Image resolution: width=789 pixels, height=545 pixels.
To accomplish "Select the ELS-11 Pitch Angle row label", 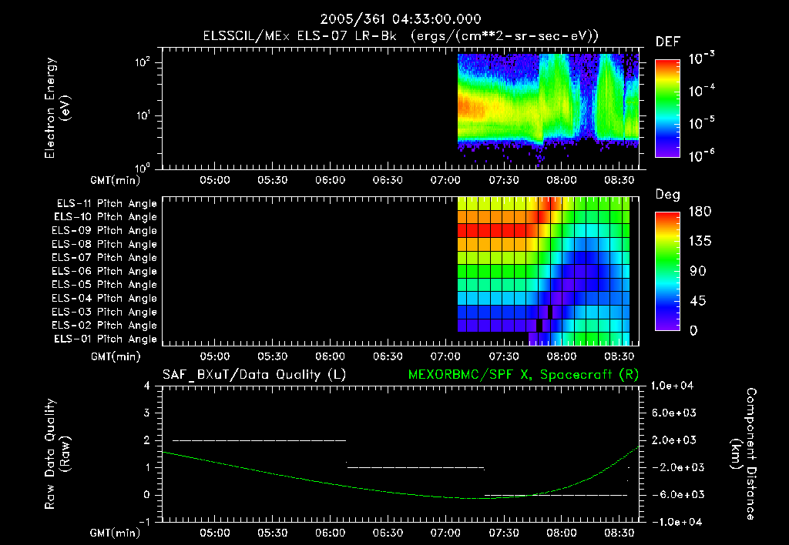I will pos(106,203).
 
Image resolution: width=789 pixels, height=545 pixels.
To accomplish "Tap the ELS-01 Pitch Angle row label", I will pos(106,339).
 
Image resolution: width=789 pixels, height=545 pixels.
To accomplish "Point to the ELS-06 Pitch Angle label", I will pos(106,271).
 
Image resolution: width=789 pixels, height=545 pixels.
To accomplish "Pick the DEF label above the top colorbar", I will pos(667,42).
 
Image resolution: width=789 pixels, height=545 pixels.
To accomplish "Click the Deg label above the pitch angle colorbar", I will pos(667,195).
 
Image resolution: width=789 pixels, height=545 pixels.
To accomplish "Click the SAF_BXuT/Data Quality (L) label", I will pos(253,375).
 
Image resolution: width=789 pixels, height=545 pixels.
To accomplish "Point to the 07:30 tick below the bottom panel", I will pos(503,532).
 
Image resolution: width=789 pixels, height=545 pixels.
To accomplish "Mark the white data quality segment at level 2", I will pos(259,440).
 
